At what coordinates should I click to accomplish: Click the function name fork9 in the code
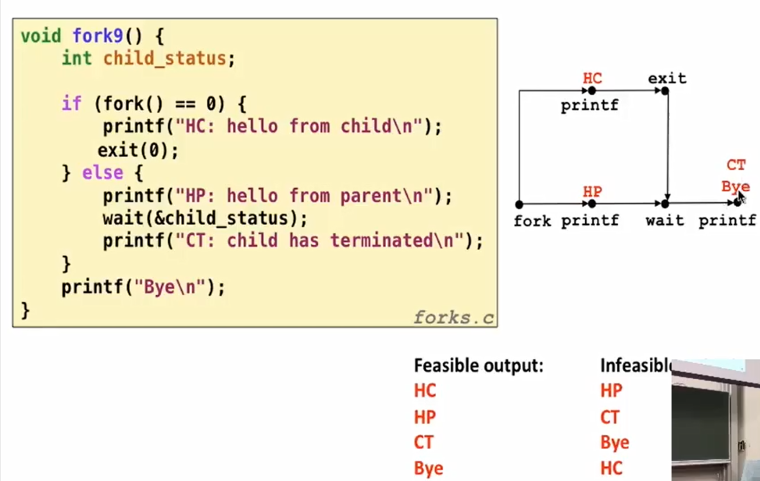click(x=97, y=36)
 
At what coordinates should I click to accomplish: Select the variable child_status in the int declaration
click(x=165, y=58)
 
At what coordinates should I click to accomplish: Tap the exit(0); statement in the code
click(x=138, y=151)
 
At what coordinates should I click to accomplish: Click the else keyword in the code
click(x=102, y=173)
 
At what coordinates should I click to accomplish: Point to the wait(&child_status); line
click(x=205, y=219)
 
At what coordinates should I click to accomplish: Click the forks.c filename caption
click(x=454, y=317)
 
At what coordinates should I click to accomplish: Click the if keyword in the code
click(x=71, y=103)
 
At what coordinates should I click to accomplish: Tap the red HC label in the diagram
click(x=592, y=78)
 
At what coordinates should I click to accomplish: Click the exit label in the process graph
click(x=667, y=78)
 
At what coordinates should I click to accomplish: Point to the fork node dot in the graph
click(x=519, y=205)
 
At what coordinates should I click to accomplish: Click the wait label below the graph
click(x=664, y=220)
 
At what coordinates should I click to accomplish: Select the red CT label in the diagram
click(x=736, y=165)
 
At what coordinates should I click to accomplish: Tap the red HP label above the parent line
click(x=592, y=192)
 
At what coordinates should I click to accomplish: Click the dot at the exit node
click(x=665, y=91)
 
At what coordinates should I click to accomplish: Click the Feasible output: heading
click(x=478, y=366)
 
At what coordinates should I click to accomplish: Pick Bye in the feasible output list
click(x=428, y=468)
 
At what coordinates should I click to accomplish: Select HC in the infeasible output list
click(x=611, y=468)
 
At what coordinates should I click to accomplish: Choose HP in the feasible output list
click(x=425, y=417)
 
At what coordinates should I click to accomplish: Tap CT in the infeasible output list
click(x=609, y=417)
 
